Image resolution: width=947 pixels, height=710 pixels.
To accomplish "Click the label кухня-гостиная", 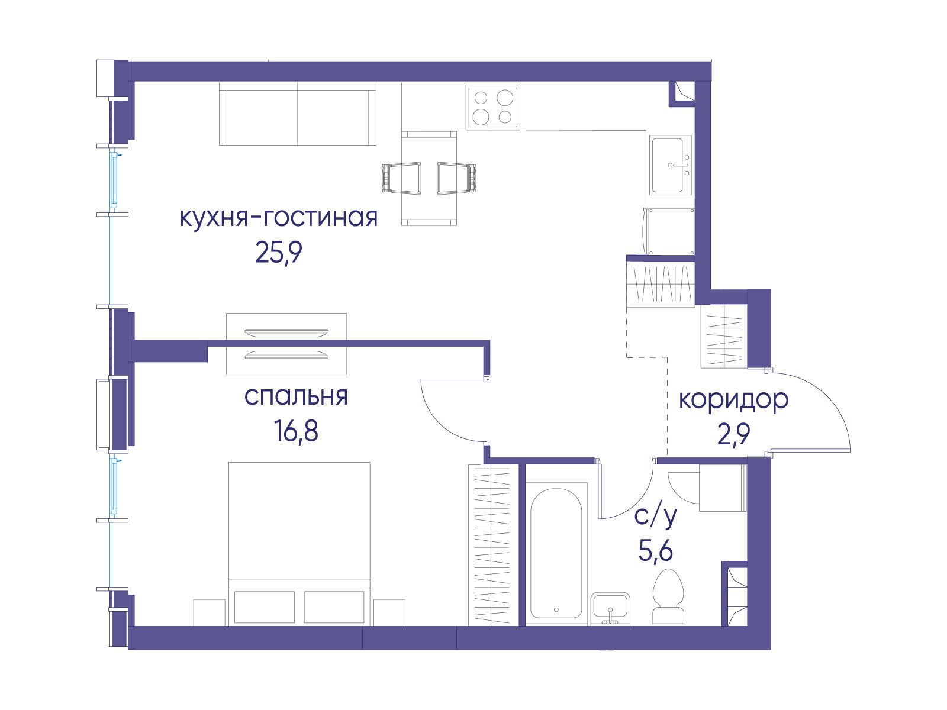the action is tap(279, 218).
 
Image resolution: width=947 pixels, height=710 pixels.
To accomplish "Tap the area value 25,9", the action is tap(279, 253).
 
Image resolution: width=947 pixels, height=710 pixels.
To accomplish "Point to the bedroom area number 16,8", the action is tap(296, 431).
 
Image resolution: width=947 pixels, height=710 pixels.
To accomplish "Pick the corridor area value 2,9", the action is tap(733, 434).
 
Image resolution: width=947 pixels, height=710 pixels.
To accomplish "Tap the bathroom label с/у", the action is tap(655, 517).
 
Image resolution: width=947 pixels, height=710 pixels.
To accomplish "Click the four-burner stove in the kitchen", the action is tap(492, 107).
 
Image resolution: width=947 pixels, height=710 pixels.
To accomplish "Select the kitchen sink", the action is tap(670, 164).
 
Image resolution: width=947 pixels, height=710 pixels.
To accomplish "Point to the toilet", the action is tap(668, 596).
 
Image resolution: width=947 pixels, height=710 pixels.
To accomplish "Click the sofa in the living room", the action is tap(298, 114).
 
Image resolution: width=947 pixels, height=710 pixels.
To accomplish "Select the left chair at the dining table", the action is tap(402, 178).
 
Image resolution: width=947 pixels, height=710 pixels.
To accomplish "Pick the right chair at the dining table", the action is tap(456, 178).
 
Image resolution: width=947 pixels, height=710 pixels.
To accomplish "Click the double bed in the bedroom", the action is tap(299, 544).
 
